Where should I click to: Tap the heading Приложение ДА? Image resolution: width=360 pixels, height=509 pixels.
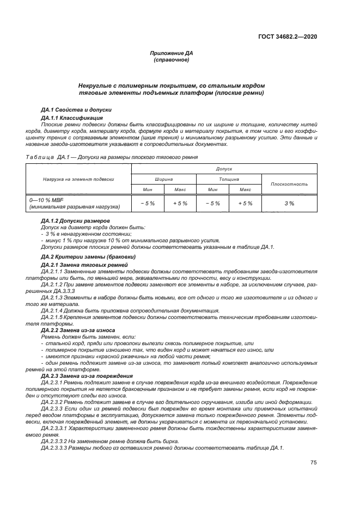click(172, 53)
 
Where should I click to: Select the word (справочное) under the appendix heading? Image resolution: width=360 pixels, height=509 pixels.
click(172, 59)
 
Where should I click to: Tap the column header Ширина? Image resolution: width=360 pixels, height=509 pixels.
click(164, 179)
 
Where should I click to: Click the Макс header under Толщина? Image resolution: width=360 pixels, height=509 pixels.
click(245, 189)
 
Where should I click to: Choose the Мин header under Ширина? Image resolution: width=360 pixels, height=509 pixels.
click(148, 189)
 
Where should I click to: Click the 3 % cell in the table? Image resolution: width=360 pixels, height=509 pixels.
click(289, 203)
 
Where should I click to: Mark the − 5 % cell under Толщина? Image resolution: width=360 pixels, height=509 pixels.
click(212, 203)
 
